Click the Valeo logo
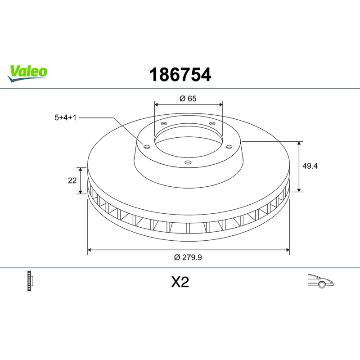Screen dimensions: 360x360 pyautogui.click(x=27, y=73)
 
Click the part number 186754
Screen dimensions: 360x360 pyautogui.click(x=180, y=75)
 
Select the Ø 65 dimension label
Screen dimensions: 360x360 pyautogui.click(x=188, y=99)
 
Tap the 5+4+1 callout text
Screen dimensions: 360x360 pyautogui.click(x=65, y=117)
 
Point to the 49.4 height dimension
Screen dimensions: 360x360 pyautogui.click(x=310, y=166)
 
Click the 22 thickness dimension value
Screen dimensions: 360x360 pyautogui.click(x=72, y=181)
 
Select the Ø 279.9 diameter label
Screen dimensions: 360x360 pyautogui.click(x=188, y=257)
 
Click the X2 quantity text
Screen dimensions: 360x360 pyautogui.click(x=180, y=282)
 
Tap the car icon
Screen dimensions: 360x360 pyautogui.click(x=320, y=281)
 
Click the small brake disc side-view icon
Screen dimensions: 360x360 pyautogui.click(x=30, y=281)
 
